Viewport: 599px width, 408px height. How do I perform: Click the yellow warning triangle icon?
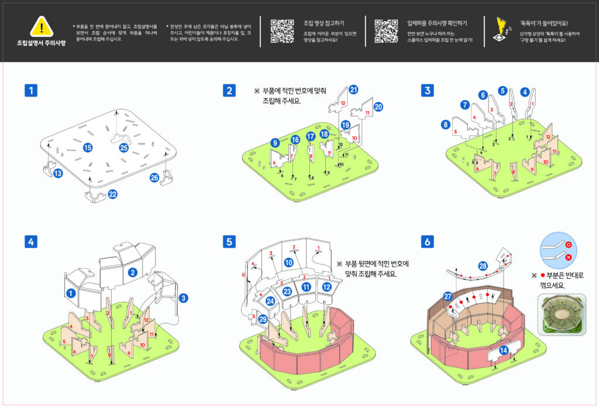[x=41, y=26]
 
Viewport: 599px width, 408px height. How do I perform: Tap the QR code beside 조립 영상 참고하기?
[x=282, y=31]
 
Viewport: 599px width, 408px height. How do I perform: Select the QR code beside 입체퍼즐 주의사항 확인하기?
[x=385, y=31]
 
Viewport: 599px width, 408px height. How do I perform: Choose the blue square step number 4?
[x=31, y=241]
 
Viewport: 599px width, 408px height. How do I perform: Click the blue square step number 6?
[x=428, y=241]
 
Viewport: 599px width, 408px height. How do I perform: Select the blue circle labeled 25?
[x=123, y=148]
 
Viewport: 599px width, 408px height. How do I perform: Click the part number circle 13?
[x=57, y=173]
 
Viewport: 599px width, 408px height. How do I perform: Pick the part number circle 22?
[x=112, y=194]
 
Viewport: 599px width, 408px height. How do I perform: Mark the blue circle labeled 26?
[x=154, y=177]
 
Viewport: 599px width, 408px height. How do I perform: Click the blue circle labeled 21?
[x=353, y=90]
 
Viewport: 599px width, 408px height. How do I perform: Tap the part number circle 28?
[x=483, y=266]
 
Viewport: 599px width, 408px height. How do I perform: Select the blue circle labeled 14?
[x=504, y=350]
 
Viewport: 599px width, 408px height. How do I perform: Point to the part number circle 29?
[x=263, y=318]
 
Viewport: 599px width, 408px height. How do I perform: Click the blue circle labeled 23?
[x=287, y=291]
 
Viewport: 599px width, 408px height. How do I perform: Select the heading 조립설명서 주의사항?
[x=41, y=44]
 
